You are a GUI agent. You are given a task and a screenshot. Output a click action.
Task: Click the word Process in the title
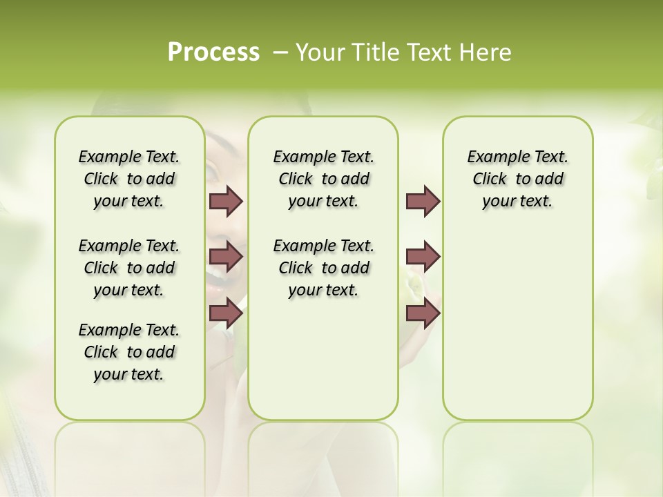click(213, 52)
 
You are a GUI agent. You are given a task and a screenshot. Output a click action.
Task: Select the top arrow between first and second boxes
click(226, 201)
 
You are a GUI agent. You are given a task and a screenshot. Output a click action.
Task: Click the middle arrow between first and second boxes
click(226, 257)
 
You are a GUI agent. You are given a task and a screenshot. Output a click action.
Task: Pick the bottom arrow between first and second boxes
click(226, 313)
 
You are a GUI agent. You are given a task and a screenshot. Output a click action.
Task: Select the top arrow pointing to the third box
click(423, 201)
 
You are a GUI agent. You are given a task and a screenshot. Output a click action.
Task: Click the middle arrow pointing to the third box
click(423, 257)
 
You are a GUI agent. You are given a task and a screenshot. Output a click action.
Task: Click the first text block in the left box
click(129, 179)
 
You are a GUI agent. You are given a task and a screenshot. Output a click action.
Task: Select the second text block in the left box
click(129, 268)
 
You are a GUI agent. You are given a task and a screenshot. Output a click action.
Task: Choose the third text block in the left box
click(129, 352)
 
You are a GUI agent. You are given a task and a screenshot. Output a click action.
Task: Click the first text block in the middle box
click(323, 179)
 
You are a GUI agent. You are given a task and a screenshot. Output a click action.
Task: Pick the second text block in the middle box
click(323, 268)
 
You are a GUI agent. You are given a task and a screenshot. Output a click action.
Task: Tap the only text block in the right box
click(518, 179)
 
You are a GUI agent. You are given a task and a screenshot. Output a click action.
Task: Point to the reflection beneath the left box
click(130, 449)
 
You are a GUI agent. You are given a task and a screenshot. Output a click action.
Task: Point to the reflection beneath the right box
click(518, 449)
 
